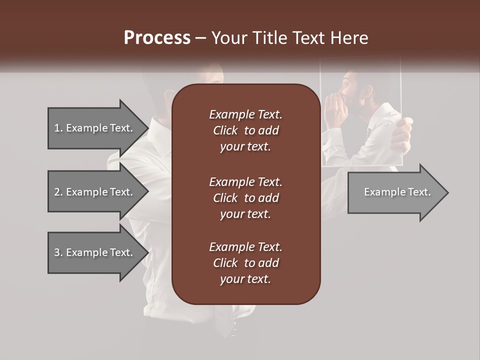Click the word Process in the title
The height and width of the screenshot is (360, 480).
click(157, 38)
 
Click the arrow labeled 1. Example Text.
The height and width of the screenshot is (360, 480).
click(95, 128)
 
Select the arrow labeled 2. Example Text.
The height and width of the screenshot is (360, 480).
click(95, 192)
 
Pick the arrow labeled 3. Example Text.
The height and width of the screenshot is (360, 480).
click(95, 252)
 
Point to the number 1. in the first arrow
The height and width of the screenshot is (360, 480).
click(58, 128)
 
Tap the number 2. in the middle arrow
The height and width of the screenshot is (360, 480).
click(58, 192)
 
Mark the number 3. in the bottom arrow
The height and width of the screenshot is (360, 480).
click(58, 252)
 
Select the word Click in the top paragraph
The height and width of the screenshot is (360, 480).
click(225, 130)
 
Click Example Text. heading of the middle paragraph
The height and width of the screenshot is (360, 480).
click(245, 182)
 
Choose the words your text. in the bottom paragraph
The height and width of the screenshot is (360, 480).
click(245, 279)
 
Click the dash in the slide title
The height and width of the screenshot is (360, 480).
click(201, 38)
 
